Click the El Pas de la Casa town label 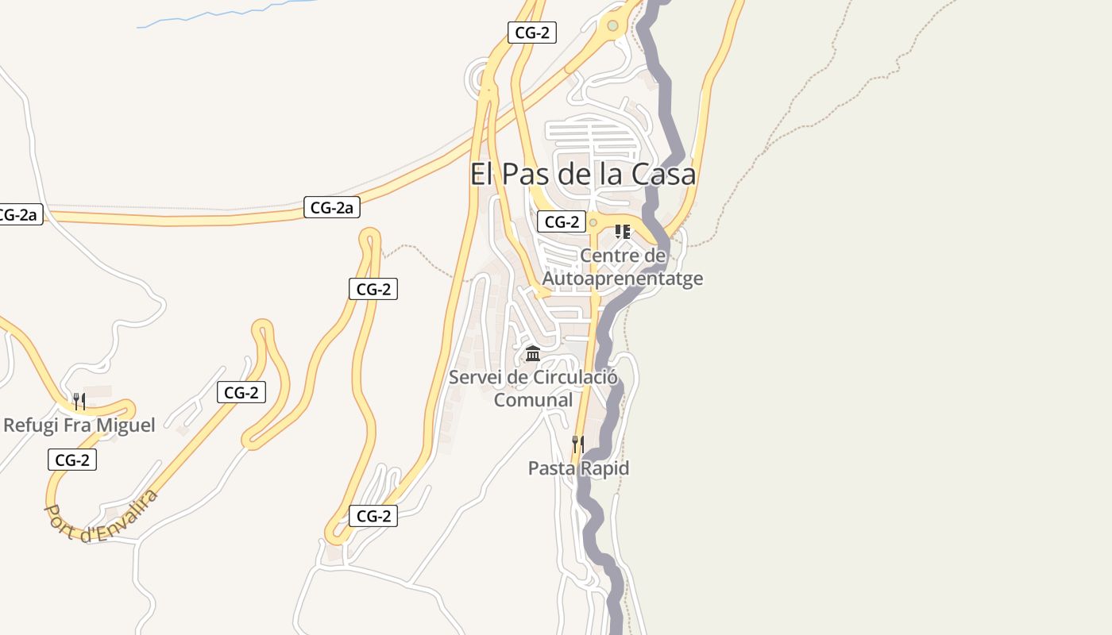[x=582, y=174]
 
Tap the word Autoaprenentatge [x=622, y=279]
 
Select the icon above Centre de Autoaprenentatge [x=623, y=232]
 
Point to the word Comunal [x=533, y=400]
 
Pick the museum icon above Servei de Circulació [x=533, y=353]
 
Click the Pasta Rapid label [x=578, y=468]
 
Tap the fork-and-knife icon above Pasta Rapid [x=578, y=444]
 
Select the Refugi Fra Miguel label [x=79, y=425]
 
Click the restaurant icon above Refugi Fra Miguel [x=79, y=401]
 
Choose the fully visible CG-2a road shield [x=332, y=208]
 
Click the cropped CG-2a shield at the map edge [x=17, y=214]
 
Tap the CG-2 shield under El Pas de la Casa [x=562, y=222]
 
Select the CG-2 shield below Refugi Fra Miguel [x=72, y=460]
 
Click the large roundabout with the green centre [x=612, y=26]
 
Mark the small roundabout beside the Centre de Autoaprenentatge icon [x=593, y=223]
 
